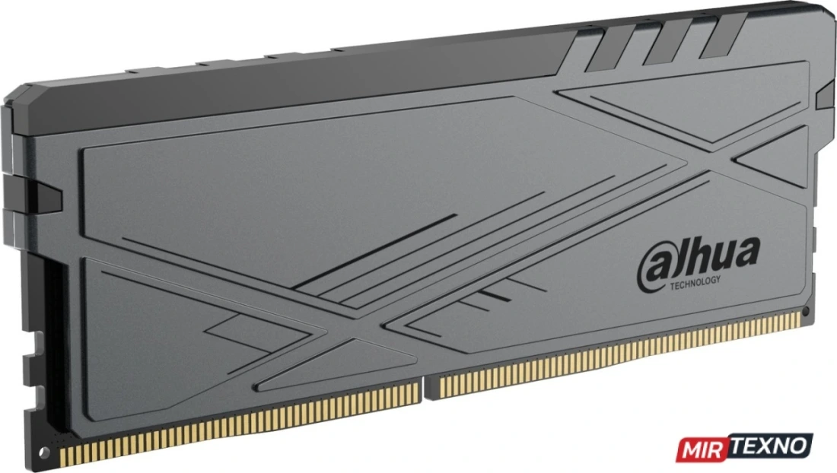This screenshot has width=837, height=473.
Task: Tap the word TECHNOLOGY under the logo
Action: (695, 283)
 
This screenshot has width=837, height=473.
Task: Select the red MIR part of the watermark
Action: (703, 449)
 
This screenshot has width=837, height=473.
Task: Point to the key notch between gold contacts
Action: (424, 388)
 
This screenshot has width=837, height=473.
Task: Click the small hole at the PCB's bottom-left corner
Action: (44, 452)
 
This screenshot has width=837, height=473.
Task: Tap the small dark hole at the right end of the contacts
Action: (806, 311)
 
